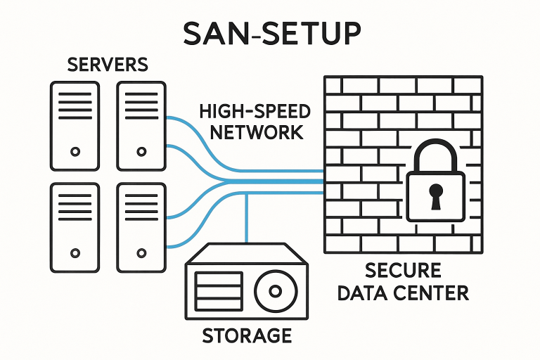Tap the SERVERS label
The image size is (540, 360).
(108, 65)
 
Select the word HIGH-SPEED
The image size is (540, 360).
(255, 112)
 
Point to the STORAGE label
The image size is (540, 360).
(246, 335)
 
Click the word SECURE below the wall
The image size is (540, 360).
(403, 271)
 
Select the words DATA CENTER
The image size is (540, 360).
(403, 292)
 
